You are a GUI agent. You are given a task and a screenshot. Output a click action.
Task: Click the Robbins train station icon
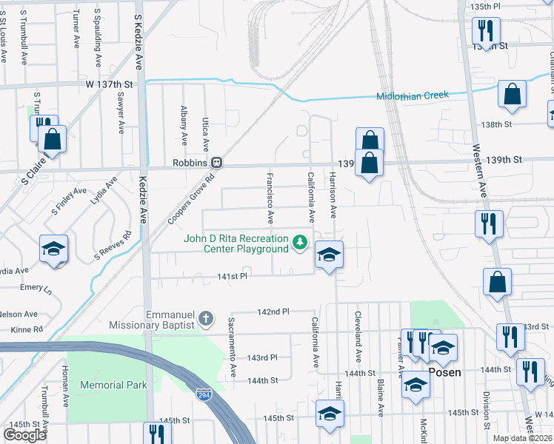click(x=217, y=162)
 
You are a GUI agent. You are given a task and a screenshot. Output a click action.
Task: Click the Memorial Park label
click(x=113, y=385)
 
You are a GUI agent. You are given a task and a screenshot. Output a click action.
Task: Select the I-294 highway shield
click(x=202, y=395)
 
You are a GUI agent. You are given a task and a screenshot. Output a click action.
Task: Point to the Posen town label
click(x=445, y=373)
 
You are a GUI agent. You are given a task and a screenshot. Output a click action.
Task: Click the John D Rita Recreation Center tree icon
click(x=300, y=242)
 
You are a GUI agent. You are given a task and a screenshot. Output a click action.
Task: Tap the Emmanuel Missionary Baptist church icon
click(x=205, y=320)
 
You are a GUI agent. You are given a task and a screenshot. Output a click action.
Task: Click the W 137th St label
click(x=108, y=84)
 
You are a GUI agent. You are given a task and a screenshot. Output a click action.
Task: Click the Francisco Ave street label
click(x=270, y=198)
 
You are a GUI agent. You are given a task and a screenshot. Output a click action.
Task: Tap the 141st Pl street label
click(x=231, y=276)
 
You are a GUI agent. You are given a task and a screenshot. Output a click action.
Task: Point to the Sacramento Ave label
click(x=232, y=343)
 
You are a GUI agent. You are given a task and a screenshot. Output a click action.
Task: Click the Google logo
click(x=24, y=435)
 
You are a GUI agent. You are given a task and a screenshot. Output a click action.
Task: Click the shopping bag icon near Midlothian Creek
click(x=512, y=95)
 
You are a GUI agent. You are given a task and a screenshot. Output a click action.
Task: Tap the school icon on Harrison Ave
click(x=329, y=255)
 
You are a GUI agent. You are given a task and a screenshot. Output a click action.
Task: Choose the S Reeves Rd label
click(x=113, y=246)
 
